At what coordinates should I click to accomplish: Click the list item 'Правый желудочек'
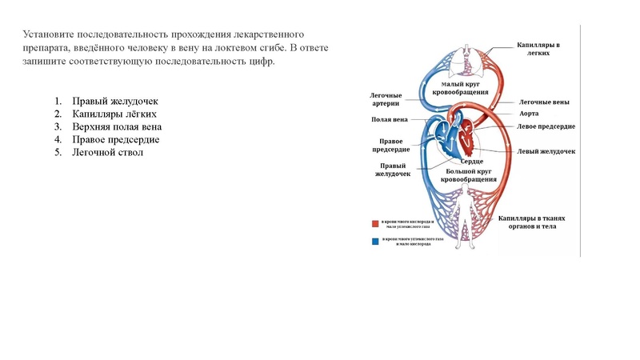(x=115, y=102)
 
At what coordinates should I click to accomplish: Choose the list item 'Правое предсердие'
(x=115, y=139)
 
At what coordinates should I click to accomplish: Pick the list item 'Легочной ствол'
(x=107, y=152)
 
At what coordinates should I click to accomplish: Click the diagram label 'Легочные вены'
(x=544, y=102)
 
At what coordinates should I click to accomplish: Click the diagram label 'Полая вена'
(x=390, y=120)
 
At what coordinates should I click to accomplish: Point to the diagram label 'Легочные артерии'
(x=386, y=99)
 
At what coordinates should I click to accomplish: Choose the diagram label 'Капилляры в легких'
(x=537, y=50)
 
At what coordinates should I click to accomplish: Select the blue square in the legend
(x=374, y=241)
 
